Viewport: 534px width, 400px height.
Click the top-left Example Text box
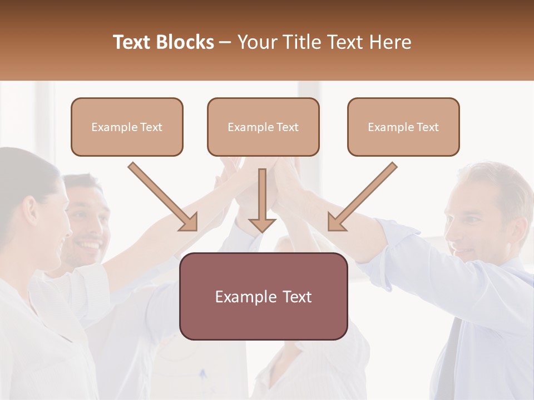(x=127, y=127)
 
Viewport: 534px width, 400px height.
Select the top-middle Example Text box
(x=263, y=127)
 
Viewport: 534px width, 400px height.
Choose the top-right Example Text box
(x=403, y=127)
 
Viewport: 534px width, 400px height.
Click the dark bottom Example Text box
(x=263, y=296)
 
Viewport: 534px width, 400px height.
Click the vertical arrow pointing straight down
(x=262, y=201)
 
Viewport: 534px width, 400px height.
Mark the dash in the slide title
(x=225, y=43)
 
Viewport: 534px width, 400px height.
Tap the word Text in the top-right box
(x=427, y=127)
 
